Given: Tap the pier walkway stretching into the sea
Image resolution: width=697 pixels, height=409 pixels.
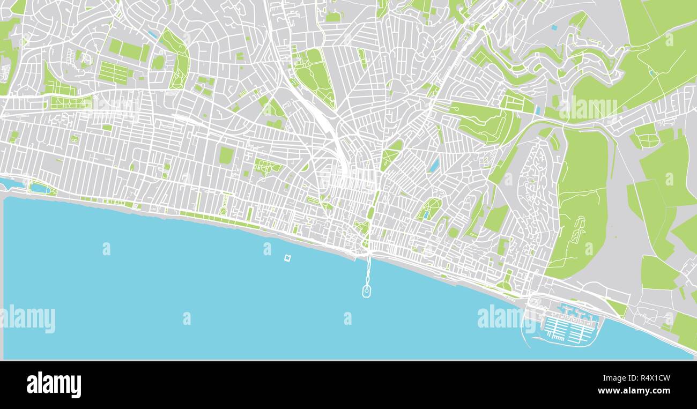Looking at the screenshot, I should [368, 271].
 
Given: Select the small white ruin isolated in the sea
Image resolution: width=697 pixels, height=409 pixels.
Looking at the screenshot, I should [288, 258].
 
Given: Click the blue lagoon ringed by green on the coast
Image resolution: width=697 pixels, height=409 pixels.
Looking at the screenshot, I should [40, 188].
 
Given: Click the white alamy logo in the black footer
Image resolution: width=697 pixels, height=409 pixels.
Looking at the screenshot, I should [54, 385].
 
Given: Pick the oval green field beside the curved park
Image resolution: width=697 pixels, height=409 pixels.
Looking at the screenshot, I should [158, 63].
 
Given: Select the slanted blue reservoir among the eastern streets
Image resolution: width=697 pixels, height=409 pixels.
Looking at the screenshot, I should [434, 165].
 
